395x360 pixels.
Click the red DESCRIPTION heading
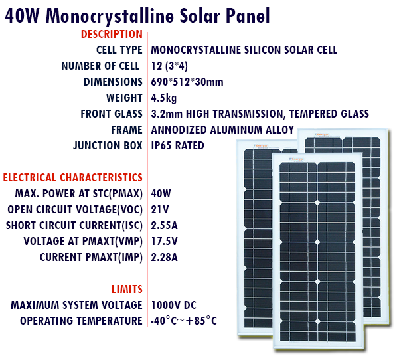pyautogui.click(x=112, y=35)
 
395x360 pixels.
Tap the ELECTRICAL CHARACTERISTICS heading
pyautogui.click(x=73, y=178)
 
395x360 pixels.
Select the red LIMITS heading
pyautogui.click(x=127, y=289)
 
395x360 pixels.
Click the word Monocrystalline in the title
pyautogui.click(x=110, y=16)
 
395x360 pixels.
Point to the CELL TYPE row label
pyautogui.click(x=119, y=50)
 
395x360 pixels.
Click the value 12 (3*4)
pyautogui.click(x=169, y=66)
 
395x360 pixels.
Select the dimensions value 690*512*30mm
pyautogui.click(x=187, y=82)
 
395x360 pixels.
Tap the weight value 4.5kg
pyautogui.click(x=164, y=98)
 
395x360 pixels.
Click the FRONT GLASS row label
pyautogui.click(x=112, y=114)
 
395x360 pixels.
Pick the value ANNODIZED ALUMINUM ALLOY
pyautogui.click(x=222, y=130)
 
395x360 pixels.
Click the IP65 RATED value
pyautogui.click(x=178, y=145)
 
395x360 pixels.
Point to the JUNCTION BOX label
pyautogui.click(x=108, y=145)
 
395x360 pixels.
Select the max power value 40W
pyautogui.click(x=161, y=193)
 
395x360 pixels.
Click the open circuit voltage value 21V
pyautogui.click(x=160, y=209)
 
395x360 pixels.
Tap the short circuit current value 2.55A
pyautogui.click(x=164, y=225)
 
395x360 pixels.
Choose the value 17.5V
pyautogui.click(x=164, y=241)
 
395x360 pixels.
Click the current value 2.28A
pyautogui.click(x=164, y=258)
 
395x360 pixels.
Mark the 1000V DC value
pyautogui.click(x=173, y=305)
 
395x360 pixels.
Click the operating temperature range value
pyautogui.click(x=184, y=321)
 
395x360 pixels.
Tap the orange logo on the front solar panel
pyautogui.click(x=296, y=159)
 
